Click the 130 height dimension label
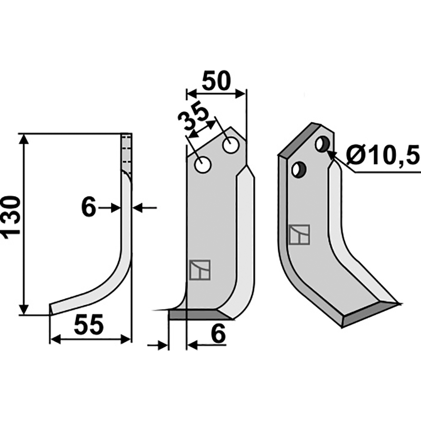coord(11,217)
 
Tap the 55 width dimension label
coord(88,325)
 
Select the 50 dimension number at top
coord(216,81)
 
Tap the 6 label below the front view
coord(218,334)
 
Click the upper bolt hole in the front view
coord(230,145)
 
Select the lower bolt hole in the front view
coord(203,165)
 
